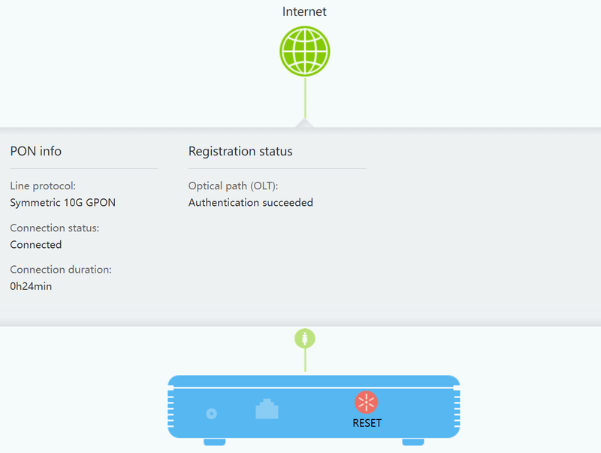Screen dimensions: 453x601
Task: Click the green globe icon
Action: (304, 51)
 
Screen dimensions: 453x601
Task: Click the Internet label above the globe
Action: (304, 11)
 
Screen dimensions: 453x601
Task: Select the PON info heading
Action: (36, 152)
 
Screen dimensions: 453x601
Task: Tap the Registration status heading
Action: (240, 152)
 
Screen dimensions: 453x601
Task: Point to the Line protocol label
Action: (43, 186)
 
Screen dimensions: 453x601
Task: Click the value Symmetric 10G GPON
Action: (63, 203)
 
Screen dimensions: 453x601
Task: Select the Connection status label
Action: (54, 228)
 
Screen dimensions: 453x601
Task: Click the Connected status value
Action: (36, 245)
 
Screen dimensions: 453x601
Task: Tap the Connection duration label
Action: (60, 270)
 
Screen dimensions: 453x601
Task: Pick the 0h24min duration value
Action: (31, 286)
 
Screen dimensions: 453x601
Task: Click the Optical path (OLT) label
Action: (238, 186)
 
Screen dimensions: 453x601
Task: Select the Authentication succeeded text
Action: (250, 203)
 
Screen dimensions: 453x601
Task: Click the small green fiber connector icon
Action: (304, 338)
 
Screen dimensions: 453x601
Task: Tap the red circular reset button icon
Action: (367, 402)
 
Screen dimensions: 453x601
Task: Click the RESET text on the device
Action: (367, 423)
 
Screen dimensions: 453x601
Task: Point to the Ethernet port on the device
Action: (267, 409)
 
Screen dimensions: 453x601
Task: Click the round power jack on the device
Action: (212, 413)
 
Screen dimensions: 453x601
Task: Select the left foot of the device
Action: (214, 442)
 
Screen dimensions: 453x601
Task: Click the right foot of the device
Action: (412, 442)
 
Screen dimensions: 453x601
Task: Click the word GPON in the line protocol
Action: (101, 203)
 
